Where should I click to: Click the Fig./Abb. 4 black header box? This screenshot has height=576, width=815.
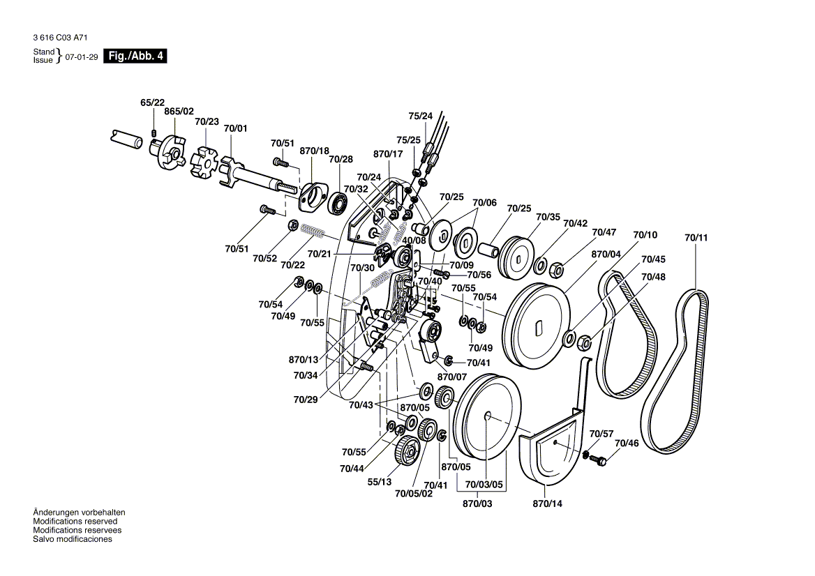click(x=135, y=56)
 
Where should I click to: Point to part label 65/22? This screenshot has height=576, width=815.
click(x=152, y=103)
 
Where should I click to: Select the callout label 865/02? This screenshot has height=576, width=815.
click(x=179, y=112)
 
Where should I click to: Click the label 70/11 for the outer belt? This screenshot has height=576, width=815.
click(x=696, y=238)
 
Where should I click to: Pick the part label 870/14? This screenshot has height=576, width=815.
click(x=547, y=503)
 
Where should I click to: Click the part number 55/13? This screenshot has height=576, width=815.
click(x=380, y=482)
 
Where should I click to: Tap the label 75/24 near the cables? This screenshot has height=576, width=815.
click(x=420, y=116)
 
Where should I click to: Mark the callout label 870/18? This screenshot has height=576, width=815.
click(x=314, y=151)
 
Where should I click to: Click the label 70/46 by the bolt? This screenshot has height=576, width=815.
click(x=626, y=444)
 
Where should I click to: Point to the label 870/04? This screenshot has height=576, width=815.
click(x=606, y=255)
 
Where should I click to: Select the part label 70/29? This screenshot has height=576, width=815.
click(x=306, y=400)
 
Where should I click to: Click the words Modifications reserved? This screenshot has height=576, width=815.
click(x=75, y=521)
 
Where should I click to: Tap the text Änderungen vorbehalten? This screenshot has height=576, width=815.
click(x=80, y=512)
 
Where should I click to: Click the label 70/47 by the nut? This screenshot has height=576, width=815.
click(x=604, y=232)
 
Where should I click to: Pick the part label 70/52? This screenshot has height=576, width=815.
click(x=265, y=259)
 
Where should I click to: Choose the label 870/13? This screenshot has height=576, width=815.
click(x=304, y=360)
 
